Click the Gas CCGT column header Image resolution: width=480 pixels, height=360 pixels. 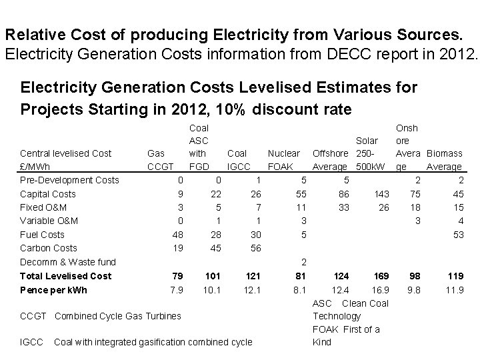click(160, 160)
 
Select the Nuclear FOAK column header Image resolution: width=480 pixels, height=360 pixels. click(283, 160)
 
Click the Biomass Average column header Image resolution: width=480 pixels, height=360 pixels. click(444, 160)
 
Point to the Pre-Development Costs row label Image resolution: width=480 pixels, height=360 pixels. click(69, 180)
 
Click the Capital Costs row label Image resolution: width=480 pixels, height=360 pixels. click(47, 194)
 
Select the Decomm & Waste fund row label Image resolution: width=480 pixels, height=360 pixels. click(67, 262)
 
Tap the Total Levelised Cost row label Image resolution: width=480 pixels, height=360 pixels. click(65, 276)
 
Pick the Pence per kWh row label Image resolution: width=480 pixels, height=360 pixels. click(53, 290)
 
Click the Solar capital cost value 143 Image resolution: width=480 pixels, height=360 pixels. click(381, 194)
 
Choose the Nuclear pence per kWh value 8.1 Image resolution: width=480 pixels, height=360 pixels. click(299, 290)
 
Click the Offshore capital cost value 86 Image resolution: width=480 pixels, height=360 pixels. click(343, 194)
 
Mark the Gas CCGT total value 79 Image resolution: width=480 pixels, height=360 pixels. click(177, 276)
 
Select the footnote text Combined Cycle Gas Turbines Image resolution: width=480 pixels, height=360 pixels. click(117, 315)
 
